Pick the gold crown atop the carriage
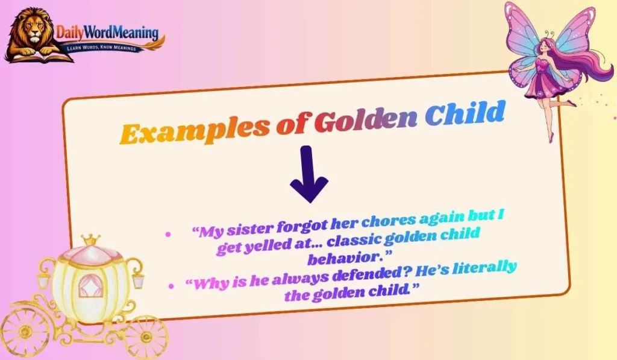click(x=91, y=240)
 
